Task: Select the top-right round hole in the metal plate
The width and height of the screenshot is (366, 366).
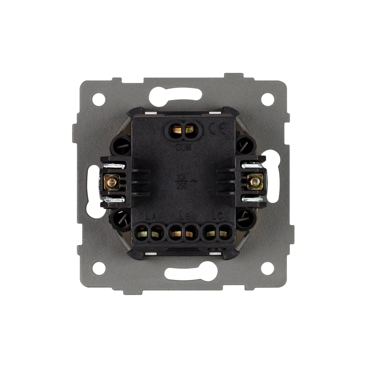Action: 268,98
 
